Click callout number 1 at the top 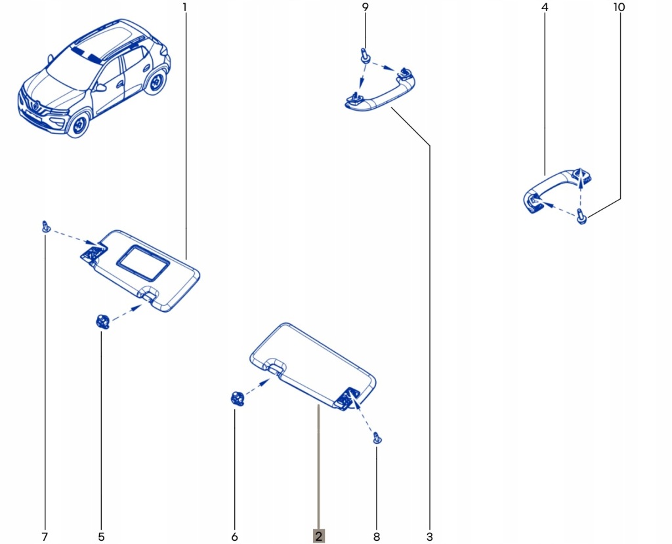[184, 8]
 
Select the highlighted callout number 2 [318, 536]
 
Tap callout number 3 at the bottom [429, 537]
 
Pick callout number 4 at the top [545, 8]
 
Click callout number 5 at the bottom [101, 537]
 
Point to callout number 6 [234, 537]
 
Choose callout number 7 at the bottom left [45, 537]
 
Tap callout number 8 [376, 537]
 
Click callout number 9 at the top [366, 8]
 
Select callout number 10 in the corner [619, 8]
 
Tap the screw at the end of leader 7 [45, 227]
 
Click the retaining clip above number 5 [101, 322]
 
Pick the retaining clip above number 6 [236, 398]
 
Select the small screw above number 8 [376, 437]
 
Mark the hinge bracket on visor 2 [345, 397]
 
